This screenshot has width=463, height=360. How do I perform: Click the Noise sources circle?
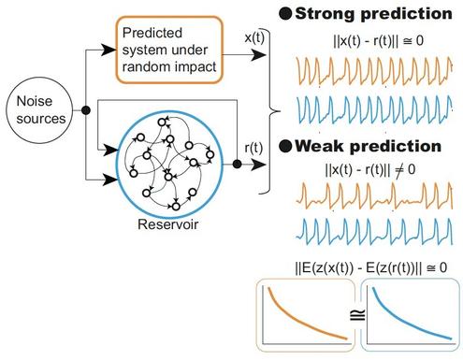pos(39,110)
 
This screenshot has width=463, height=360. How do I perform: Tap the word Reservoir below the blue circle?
pos(167,224)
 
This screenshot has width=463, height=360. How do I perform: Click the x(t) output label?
pos(254,37)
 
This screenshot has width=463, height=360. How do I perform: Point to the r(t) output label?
pos(253,148)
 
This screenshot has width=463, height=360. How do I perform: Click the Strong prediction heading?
pos(373,14)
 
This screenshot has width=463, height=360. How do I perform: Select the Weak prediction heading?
pos(368,146)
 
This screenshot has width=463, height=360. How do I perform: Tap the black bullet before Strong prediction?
pos(285,14)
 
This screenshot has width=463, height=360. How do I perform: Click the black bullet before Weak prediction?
pos(285,146)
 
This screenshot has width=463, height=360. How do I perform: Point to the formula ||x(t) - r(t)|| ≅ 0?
pos(378,41)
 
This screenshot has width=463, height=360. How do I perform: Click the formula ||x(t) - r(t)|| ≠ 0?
pos(370,170)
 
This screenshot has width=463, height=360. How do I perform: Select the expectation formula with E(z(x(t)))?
pos(371,267)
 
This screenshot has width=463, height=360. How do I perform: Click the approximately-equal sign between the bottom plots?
pos(357,315)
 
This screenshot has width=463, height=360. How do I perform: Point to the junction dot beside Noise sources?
pos(86,110)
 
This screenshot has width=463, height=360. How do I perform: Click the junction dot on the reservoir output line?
pos(238,164)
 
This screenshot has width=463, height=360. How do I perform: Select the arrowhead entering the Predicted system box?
pos(109,50)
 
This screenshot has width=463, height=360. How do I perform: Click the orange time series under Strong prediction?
pos(374,71)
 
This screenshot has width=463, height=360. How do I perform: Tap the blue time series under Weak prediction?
pos(374,232)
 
